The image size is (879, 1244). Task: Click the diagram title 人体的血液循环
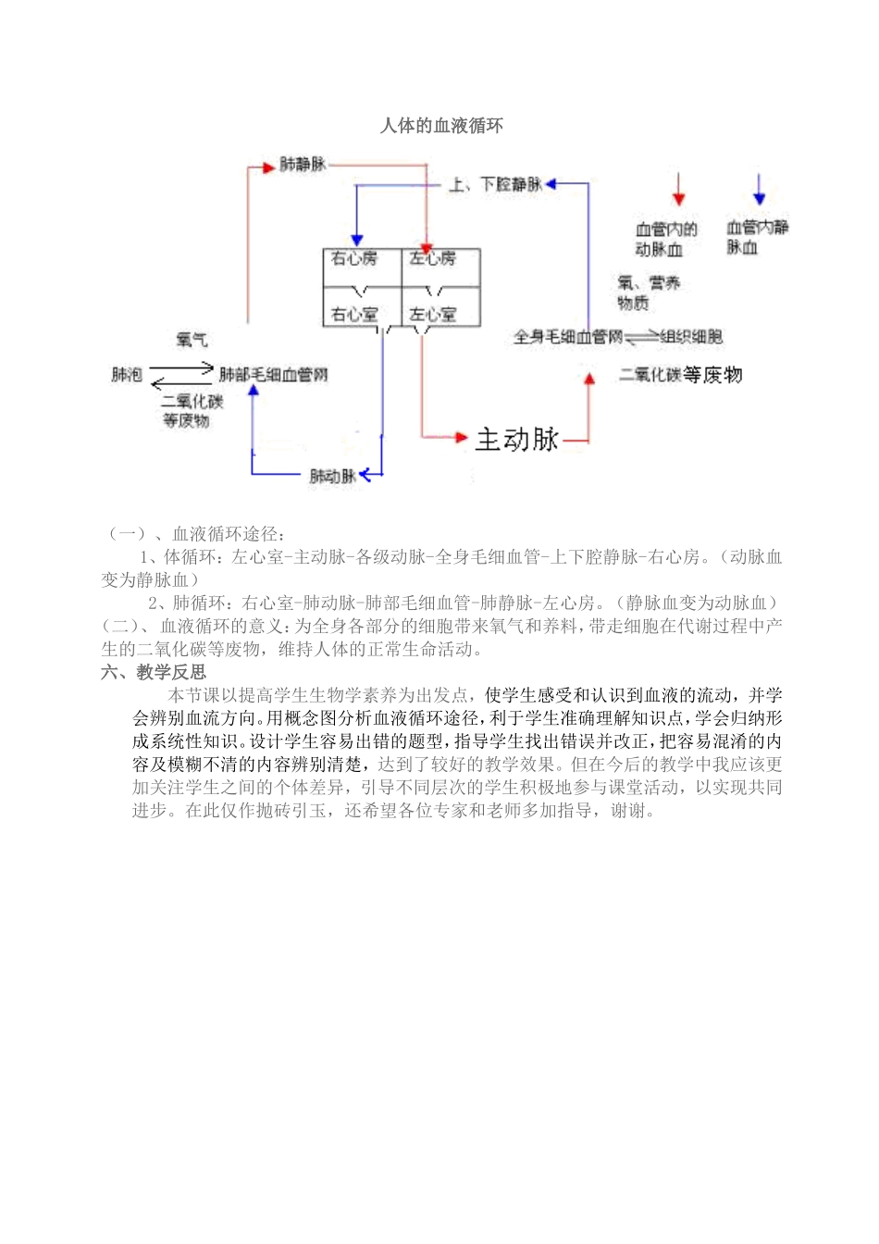(x=441, y=126)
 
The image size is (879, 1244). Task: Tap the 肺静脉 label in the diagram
(x=303, y=165)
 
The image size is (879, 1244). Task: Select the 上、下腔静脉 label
(x=496, y=185)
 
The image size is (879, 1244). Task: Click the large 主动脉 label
(x=517, y=439)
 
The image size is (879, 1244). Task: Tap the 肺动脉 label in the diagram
(x=332, y=477)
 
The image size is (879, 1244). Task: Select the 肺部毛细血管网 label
(x=273, y=375)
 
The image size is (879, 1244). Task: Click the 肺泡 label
(x=127, y=375)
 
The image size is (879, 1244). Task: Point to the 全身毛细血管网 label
(x=568, y=337)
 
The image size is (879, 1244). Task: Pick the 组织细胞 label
(x=691, y=337)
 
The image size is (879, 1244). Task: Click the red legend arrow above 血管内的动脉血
(x=679, y=190)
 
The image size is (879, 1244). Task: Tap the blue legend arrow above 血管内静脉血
(x=760, y=190)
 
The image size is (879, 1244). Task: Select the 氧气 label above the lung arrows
(x=192, y=341)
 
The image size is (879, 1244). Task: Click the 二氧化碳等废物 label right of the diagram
(x=680, y=375)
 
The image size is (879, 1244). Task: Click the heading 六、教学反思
(x=154, y=672)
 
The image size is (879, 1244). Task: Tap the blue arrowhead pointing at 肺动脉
(x=365, y=475)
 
